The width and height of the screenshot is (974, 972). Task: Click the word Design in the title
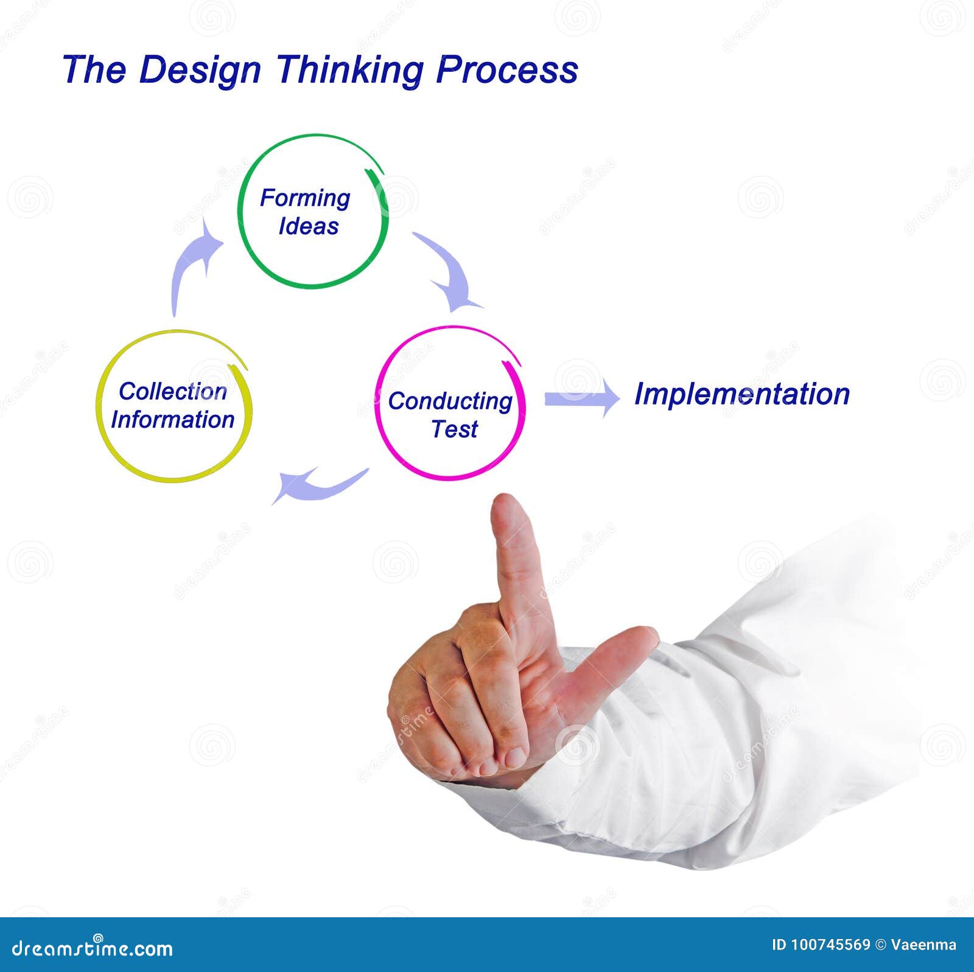coord(200,71)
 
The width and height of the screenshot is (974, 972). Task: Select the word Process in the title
coord(506,69)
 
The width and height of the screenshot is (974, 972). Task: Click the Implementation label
coord(741,394)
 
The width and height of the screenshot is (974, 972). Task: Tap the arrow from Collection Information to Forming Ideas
coord(192,262)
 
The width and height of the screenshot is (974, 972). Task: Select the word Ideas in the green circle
coord(309,226)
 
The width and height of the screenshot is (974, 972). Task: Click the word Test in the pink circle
coord(454,429)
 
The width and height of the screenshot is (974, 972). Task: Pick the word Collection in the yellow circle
coord(173,391)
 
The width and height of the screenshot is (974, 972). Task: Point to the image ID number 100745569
coord(830,945)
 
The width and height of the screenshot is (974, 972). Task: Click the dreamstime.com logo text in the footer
coord(93,948)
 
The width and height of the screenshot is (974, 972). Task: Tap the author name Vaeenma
coord(923,945)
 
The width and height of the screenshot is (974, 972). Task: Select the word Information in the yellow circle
coord(173,420)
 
